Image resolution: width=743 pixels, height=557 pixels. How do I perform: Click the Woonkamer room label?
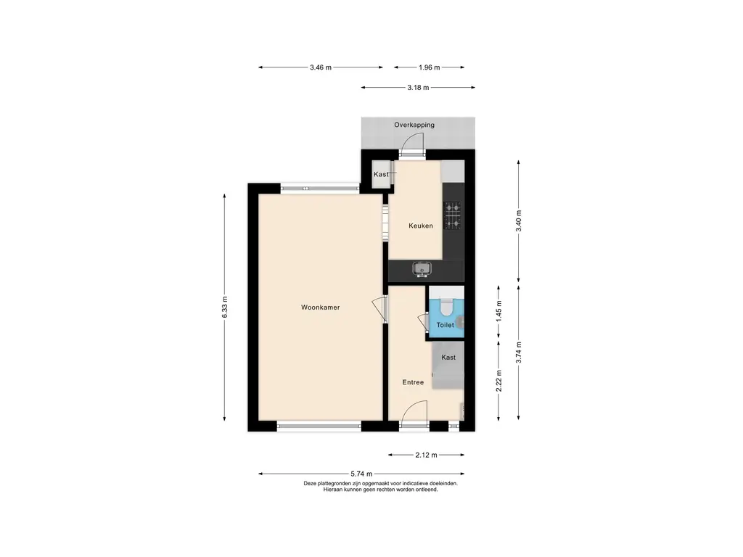point(320,308)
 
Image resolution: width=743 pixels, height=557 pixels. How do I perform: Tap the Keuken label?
point(421,226)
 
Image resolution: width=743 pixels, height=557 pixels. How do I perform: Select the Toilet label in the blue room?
point(445,325)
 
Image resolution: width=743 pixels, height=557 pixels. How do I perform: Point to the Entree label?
point(413,382)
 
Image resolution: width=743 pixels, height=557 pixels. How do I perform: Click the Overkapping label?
point(414,125)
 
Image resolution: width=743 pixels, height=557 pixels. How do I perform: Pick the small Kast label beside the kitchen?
point(381,174)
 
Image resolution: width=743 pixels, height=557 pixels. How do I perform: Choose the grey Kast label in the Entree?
point(448,357)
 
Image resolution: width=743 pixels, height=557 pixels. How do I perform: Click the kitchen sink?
point(422,270)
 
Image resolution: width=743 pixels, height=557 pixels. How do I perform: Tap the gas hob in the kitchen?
point(453,215)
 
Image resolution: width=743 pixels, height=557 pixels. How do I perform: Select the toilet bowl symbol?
point(446,307)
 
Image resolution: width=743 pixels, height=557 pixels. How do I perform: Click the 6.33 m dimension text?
point(225,308)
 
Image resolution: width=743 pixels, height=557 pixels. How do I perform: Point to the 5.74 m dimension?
point(361,474)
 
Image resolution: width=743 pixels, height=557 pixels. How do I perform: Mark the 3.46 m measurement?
point(321,67)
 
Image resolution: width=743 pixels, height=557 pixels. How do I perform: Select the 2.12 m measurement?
point(426,455)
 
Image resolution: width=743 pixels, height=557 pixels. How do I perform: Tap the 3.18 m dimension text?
point(418,87)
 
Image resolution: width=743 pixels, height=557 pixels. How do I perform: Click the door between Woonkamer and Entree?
point(379,310)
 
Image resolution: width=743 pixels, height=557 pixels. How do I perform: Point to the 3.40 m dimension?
point(518,220)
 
